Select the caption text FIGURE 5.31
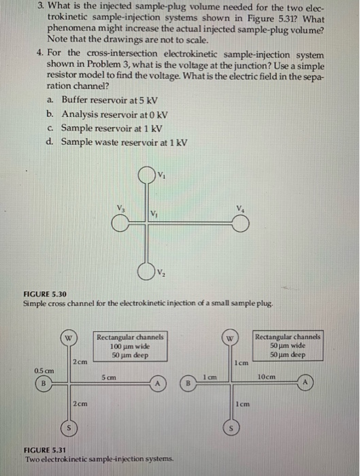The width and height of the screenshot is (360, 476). (x=45, y=451)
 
